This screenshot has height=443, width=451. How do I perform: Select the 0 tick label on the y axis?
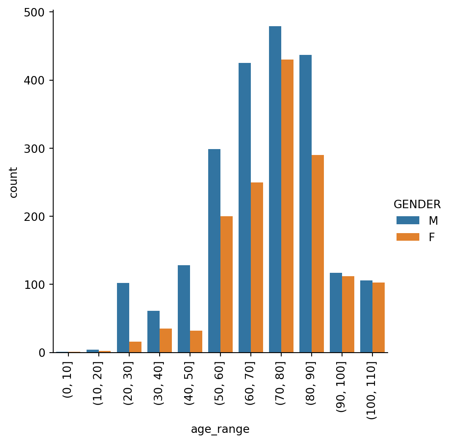pos(42,353)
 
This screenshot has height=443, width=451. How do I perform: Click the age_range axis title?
pos(220,429)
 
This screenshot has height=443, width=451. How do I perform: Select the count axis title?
pos(14,182)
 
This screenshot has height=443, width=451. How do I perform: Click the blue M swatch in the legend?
pos(408,220)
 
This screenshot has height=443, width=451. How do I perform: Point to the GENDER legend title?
pos(417,204)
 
